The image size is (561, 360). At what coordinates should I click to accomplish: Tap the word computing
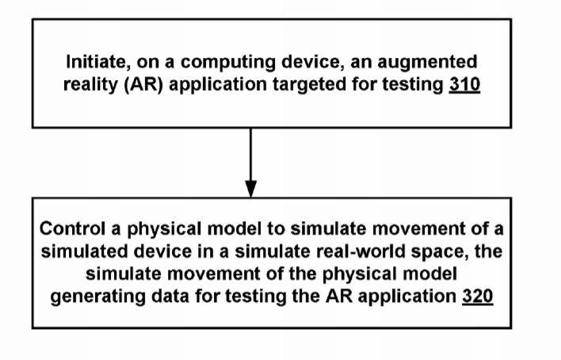tap(228, 63)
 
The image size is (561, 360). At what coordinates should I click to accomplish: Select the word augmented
tap(427, 63)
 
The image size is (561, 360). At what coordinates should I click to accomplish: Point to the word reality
tap(90, 86)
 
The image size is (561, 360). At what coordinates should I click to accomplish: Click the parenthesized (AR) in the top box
tap(143, 86)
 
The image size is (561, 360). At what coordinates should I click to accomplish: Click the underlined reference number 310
tap(464, 86)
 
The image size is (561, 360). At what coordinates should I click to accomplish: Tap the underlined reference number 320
tap(478, 297)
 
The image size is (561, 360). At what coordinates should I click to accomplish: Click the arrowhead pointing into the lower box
tap(251, 189)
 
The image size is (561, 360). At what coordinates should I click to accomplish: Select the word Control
tap(72, 228)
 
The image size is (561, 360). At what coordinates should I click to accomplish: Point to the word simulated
tap(85, 251)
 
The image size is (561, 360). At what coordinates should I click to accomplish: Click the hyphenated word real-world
tap(361, 251)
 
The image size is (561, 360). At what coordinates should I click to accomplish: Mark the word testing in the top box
tap(413, 86)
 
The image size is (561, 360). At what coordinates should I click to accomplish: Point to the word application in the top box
tap(218, 86)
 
